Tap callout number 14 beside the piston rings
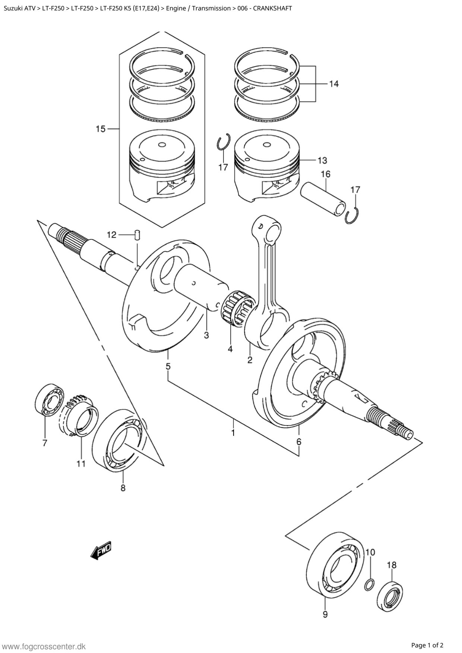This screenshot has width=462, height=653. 333,84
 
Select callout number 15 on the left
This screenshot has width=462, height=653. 101,129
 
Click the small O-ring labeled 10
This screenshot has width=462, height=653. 368,585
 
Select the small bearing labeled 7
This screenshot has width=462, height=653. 50,399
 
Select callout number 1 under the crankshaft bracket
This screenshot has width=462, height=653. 233,433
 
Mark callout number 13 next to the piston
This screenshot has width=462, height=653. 322,160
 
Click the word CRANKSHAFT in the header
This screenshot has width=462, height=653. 273,8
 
